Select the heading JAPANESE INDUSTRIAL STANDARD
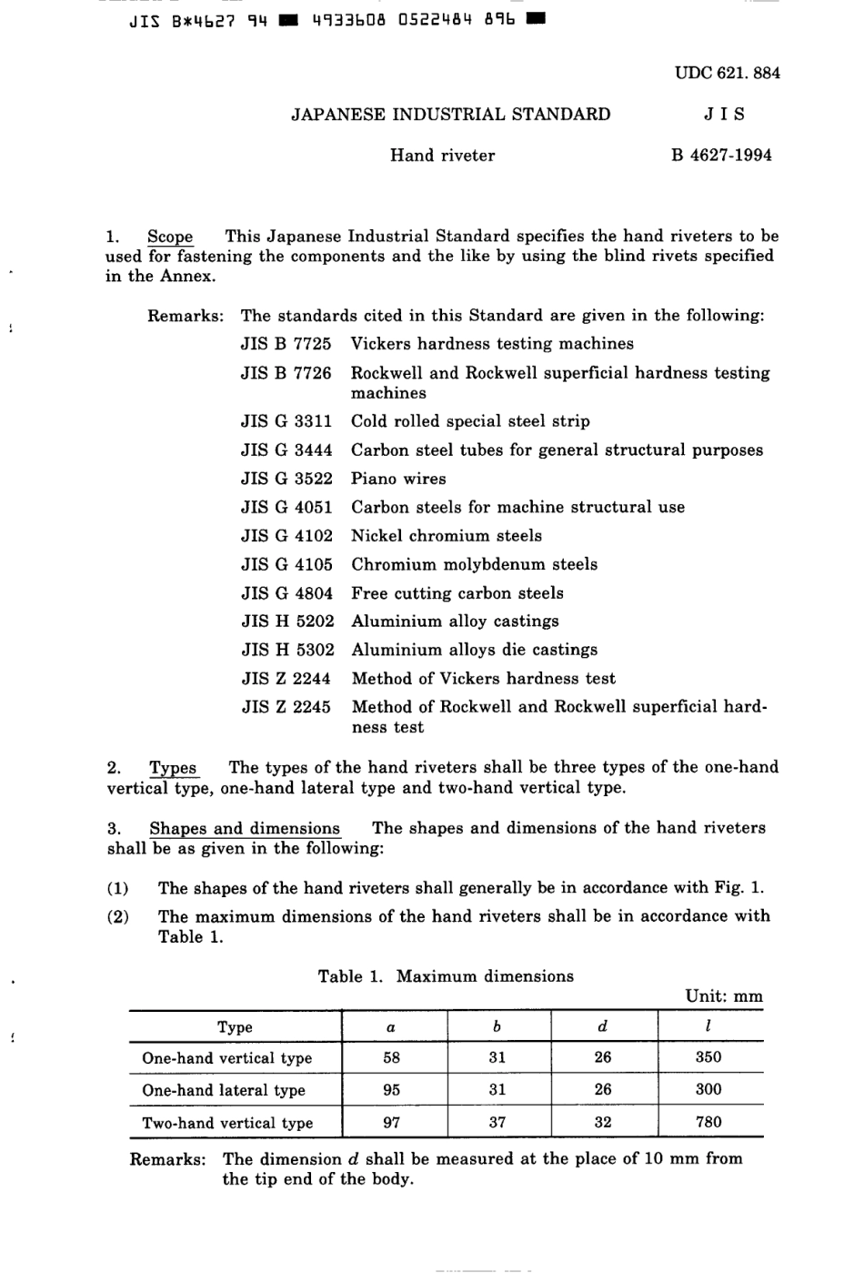[450, 115]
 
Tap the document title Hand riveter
[442, 156]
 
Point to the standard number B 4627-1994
[721, 156]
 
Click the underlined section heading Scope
[170, 237]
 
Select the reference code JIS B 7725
[286, 344]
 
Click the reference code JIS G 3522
[286, 479]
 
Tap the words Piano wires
[398, 479]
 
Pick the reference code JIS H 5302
[287, 650]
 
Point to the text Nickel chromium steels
[446, 536]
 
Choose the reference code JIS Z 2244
[286, 679]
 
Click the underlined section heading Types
[173, 768]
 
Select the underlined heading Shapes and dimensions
[245, 829]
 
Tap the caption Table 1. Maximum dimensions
[446, 976]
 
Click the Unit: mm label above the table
[724, 996]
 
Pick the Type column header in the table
[235, 1027]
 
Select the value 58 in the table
[391, 1057]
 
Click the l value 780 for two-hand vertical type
[708, 1122]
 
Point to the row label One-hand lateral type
[224, 1090]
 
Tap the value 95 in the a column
[391, 1089]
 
